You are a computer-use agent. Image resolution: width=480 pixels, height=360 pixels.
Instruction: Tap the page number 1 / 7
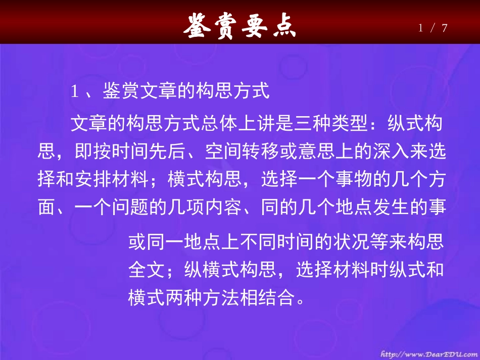coord(433,28)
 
